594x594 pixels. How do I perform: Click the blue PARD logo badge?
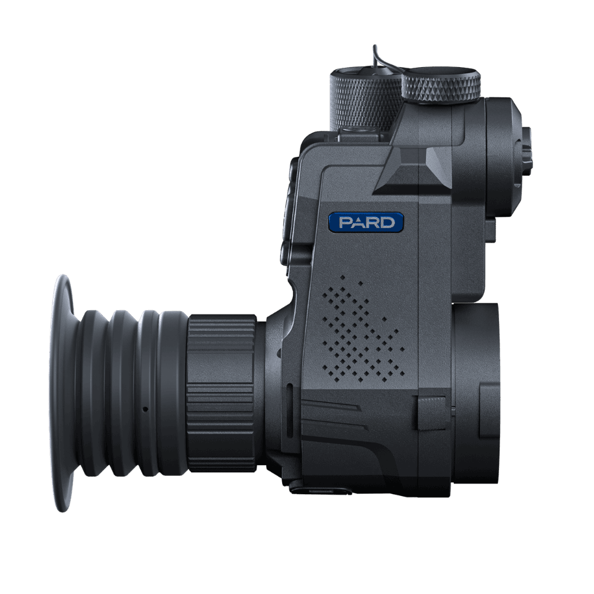(x=365, y=222)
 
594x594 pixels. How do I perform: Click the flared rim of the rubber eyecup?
(x=62, y=393)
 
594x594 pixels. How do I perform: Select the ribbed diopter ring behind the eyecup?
(x=222, y=393)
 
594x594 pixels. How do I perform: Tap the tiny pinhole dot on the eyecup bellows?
(x=144, y=409)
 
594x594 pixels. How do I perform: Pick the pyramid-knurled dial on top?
(x=441, y=86)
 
